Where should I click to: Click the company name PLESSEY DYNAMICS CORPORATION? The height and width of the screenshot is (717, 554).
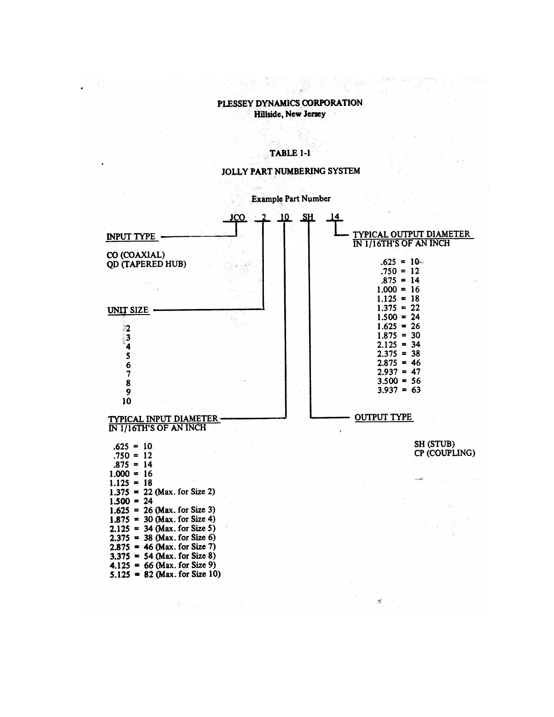(x=290, y=103)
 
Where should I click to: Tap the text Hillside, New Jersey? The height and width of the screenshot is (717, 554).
(x=290, y=114)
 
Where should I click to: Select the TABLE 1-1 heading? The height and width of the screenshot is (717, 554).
(x=290, y=153)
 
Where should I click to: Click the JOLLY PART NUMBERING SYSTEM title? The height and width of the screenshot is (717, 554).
(x=291, y=171)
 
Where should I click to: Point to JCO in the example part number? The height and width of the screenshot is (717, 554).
(x=237, y=217)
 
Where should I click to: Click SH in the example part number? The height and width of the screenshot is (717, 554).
(x=308, y=217)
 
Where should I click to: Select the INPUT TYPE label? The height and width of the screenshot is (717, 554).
(x=131, y=237)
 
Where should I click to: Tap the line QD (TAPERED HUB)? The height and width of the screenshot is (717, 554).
(x=146, y=264)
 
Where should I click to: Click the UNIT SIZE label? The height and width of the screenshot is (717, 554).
(x=128, y=310)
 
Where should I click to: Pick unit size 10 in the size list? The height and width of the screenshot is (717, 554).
(x=126, y=402)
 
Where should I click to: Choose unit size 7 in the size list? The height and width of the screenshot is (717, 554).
(x=129, y=374)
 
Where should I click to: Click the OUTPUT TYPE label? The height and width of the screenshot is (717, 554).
(x=383, y=417)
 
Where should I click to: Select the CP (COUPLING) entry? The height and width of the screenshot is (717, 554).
(x=444, y=453)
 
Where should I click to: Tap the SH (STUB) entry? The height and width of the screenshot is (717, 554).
(x=434, y=444)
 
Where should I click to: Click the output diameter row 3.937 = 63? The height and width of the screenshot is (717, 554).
(x=399, y=390)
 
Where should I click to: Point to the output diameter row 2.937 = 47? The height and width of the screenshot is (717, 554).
(x=399, y=372)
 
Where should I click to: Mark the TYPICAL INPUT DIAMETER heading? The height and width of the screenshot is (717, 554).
(x=163, y=419)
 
